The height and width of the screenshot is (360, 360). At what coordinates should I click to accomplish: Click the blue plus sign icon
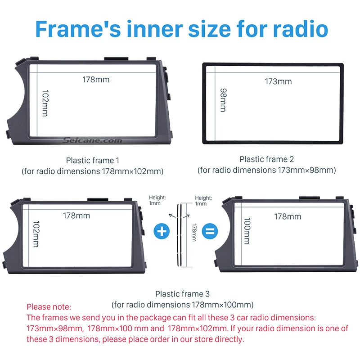[162, 231]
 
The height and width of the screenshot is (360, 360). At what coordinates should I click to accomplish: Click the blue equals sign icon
[210, 231]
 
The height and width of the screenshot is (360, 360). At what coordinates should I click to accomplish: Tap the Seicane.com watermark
[93, 140]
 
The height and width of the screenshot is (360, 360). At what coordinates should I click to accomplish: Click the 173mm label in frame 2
[278, 81]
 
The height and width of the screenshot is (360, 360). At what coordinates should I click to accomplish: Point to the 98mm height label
[223, 100]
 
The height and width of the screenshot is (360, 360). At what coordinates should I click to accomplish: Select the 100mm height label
[247, 231]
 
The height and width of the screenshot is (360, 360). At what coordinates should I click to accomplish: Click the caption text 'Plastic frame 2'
[267, 159]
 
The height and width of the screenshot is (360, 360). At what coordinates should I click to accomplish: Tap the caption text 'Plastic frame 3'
[183, 294]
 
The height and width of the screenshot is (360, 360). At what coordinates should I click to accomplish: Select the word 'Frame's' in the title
[78, 29]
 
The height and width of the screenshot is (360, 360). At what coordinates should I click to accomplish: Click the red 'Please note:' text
[49, 307]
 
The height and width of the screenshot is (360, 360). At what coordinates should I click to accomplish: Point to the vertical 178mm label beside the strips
[194, 232]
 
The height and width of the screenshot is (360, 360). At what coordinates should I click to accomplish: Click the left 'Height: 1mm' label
[157, 200]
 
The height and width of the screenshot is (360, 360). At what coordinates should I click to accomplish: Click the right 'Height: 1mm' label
[203, 201]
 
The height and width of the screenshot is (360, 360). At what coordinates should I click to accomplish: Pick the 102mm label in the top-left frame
[45, 103]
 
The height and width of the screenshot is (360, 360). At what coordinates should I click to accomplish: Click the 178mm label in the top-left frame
[96, 80]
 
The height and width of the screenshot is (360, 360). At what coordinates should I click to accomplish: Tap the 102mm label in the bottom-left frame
[36, 234]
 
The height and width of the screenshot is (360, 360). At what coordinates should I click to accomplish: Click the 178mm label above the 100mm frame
[288, 216]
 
